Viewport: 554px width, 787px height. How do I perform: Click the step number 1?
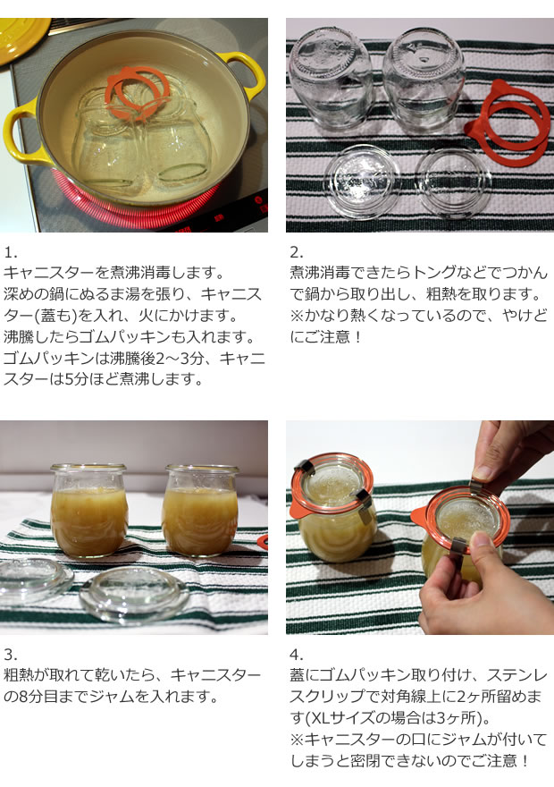pos(8,251)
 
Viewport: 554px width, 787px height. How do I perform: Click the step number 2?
pos(296,251)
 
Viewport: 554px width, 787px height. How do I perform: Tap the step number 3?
pos(8,654)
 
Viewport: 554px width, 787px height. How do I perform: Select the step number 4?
pos(296,654)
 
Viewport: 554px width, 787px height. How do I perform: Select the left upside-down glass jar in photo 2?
pos(331,76)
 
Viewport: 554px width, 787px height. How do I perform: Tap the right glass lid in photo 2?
pos(453,183)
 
